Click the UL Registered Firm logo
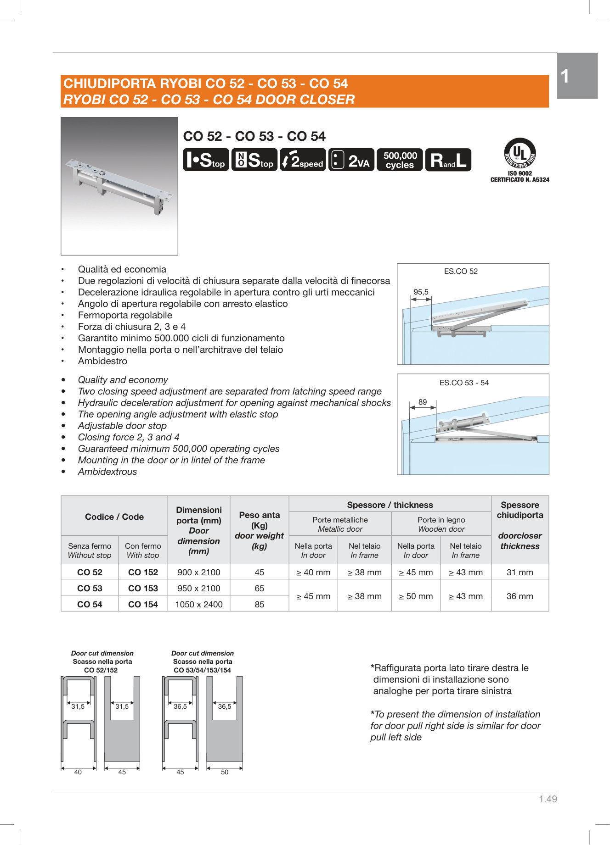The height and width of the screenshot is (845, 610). pyautogui.click(x=520, y=154)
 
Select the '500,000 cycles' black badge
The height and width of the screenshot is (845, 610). pyautogui.click(x=400, y=160)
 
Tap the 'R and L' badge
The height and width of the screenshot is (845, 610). pyautogui.click(x=448, y=160)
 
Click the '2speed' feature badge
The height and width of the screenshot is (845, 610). pyautogui.click(x=303, y=160)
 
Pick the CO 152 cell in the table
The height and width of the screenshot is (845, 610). pyautogui.click(x=143, y=572)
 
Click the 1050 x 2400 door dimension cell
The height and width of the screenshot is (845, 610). pyautogui.click(x=198, y=604)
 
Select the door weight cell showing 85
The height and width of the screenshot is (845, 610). pyautogui.click(x=259, y=604)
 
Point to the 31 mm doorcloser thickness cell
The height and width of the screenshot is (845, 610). pyautogui.click(x=520, y=572)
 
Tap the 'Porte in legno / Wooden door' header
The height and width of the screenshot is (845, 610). pyautogui.click(x=441, y=524)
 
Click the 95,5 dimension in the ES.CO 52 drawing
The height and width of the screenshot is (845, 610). pyautogui.click(x=421, y=292)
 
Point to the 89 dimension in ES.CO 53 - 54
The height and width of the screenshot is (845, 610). pyautogui.click(x=422, y=402)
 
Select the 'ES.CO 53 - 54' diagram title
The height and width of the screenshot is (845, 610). pyautogui.click(x=464, y=383)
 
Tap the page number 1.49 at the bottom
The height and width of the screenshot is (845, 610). pyautogui.click(x=548, y=799)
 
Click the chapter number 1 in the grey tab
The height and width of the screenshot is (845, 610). pyautogui.click(x=565, y=76)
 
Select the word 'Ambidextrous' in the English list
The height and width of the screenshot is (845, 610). pyautogui.click(x=107, y=472)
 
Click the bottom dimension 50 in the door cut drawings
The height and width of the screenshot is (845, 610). pyautogui.click(x=225, y=772)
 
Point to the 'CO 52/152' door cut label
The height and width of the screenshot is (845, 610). pyautogui.click(x=101, y=670)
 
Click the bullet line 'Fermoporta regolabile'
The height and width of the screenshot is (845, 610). pyautogui.click(x=125, y=315)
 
